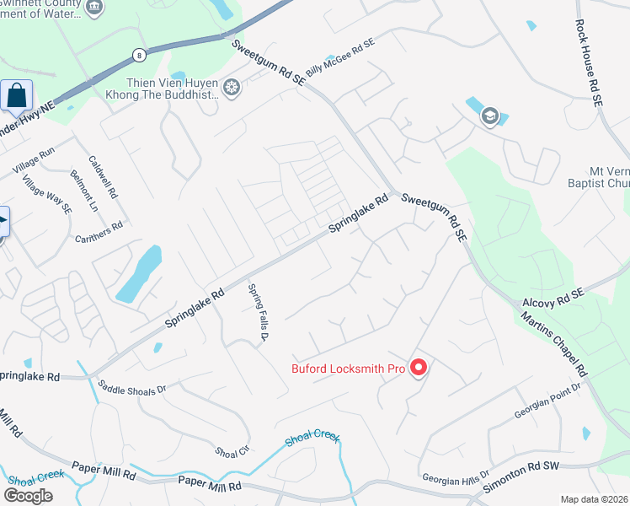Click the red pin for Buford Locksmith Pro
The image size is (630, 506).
(419, 368)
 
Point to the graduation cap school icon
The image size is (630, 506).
(489, 116)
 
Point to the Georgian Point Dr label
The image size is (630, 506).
(547, 401)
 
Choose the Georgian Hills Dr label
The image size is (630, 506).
(456, 475)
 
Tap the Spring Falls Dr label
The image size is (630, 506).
(257, 313)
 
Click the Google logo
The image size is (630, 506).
(29, 495)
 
